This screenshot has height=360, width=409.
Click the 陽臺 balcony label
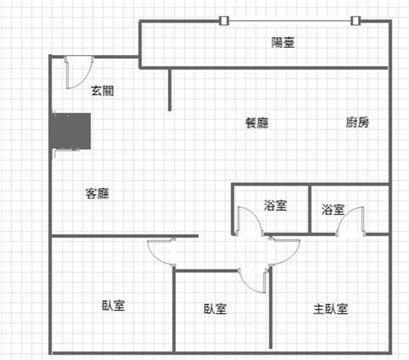point(283,42)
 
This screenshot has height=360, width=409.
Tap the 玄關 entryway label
point(102,91)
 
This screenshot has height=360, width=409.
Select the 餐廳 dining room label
point(257,123)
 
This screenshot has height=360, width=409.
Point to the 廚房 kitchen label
point(357,122)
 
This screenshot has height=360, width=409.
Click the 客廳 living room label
point(97,194)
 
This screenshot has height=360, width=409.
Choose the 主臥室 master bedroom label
point(330,309)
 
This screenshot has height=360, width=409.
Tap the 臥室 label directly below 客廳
point(113,305)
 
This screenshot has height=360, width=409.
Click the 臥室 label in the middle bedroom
point(215,309)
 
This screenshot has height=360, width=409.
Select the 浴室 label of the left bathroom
point(276,205)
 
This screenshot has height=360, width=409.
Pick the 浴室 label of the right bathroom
point(333,210)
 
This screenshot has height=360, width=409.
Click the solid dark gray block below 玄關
point(71,131)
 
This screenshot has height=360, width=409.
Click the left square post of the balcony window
point(223,20)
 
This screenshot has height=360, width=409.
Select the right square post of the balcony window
point(355,20)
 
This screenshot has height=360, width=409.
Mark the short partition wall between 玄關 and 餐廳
point(170,89)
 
